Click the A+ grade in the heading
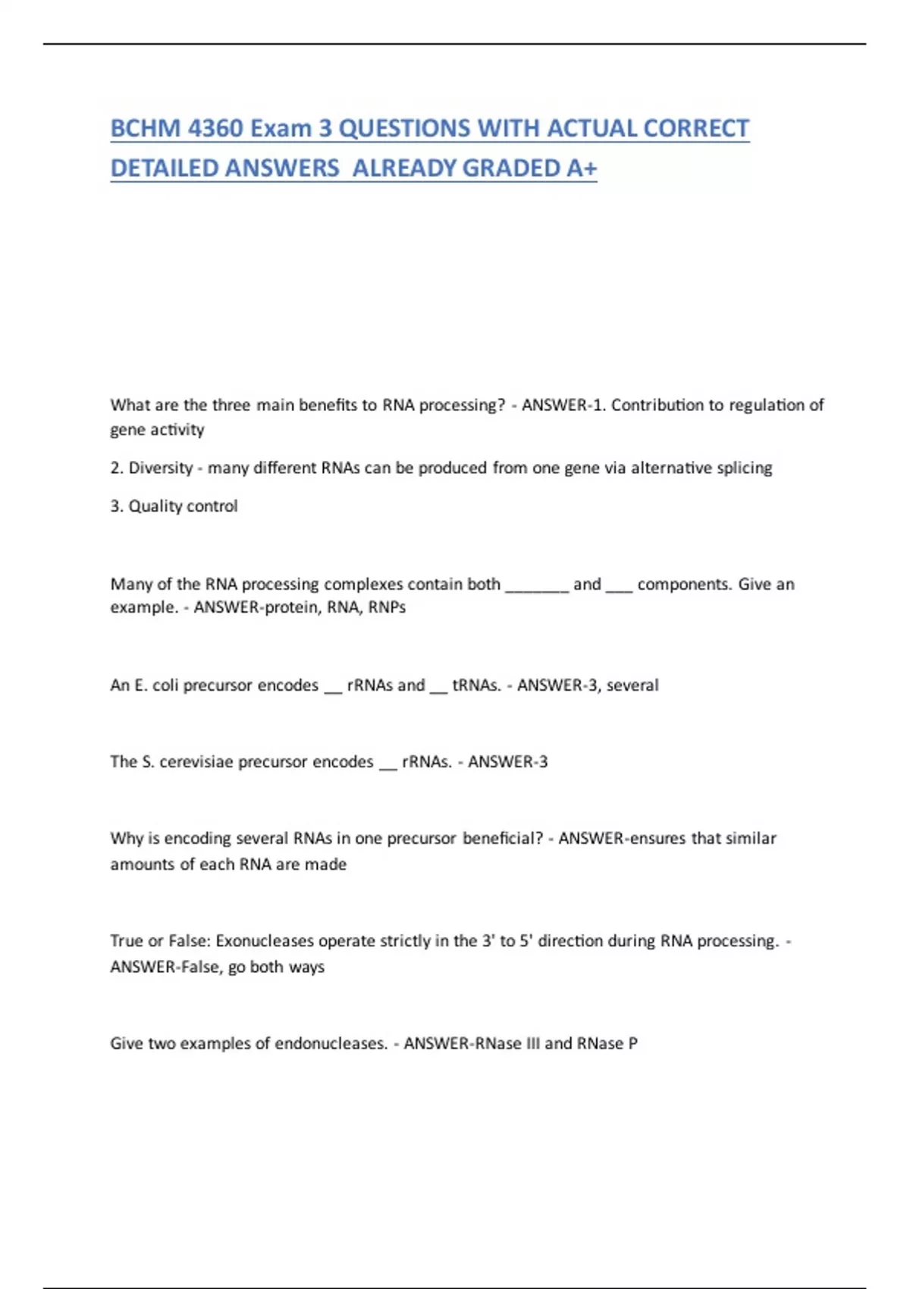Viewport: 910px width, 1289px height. (582, 168)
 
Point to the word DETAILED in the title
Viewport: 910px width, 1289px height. (164, 168)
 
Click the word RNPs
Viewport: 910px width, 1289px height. (387, 607)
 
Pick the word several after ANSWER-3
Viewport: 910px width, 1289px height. (632, 685)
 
